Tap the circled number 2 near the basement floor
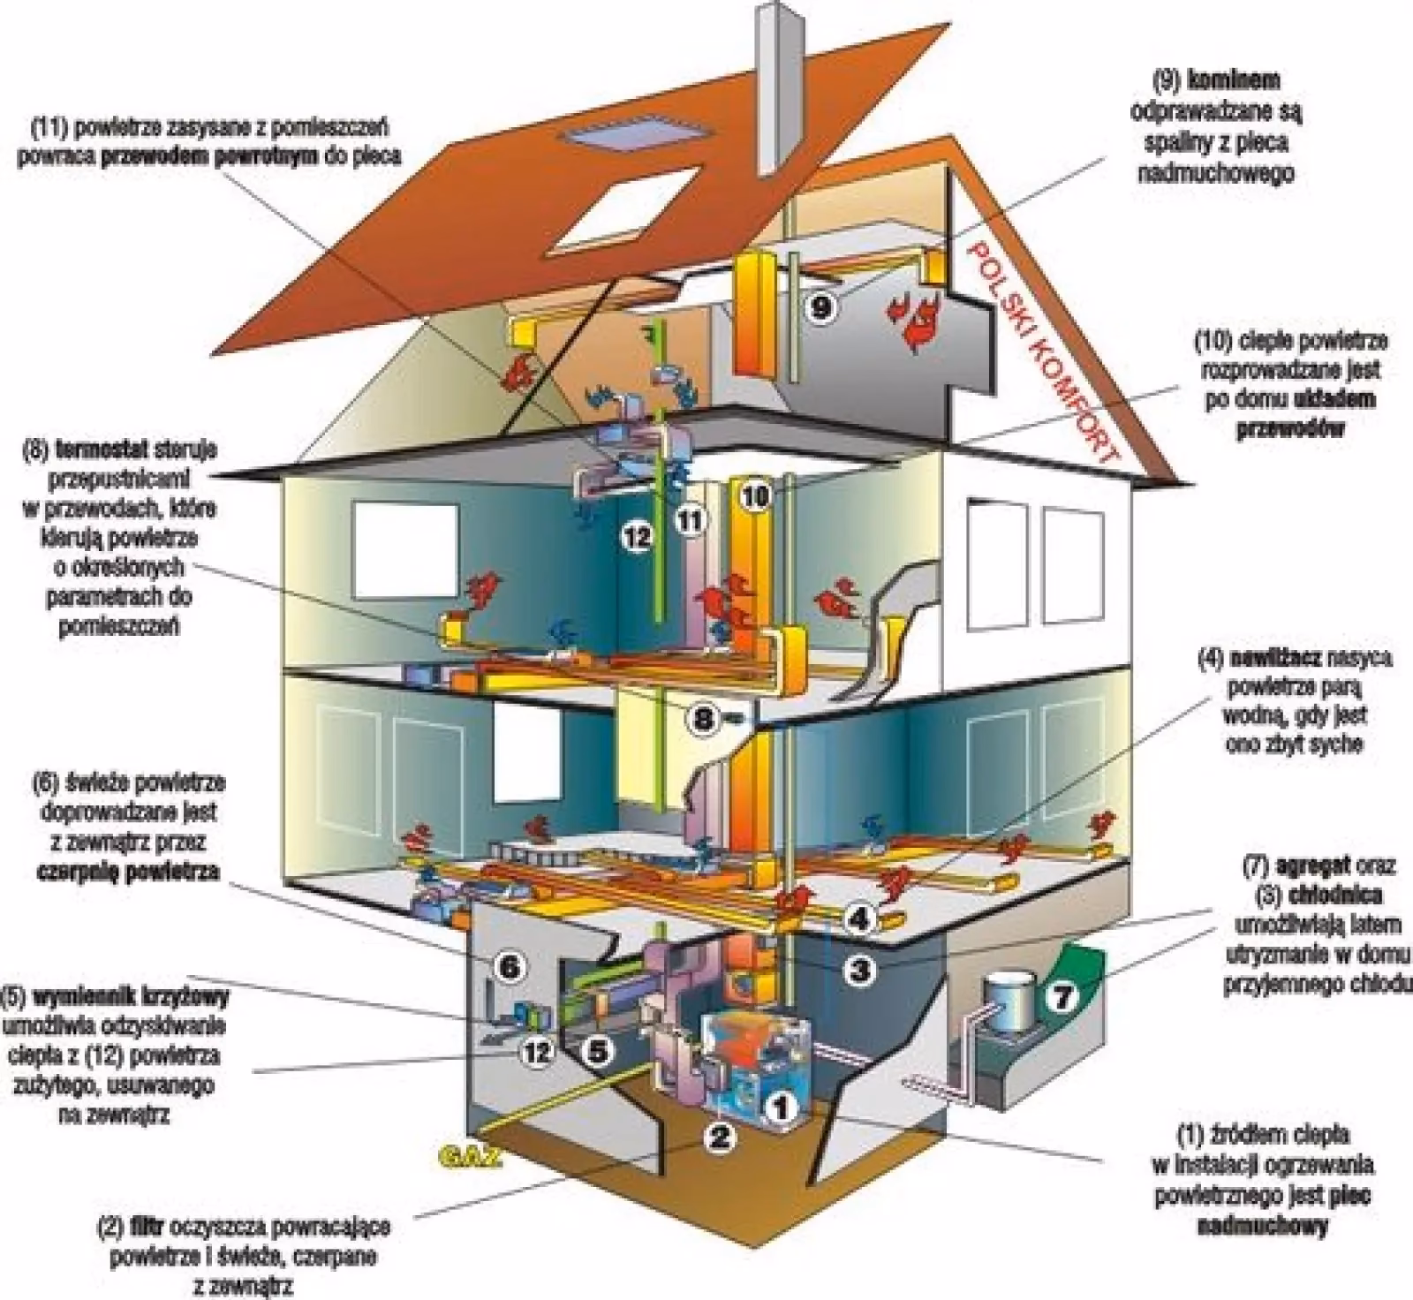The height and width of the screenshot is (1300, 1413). [720, 1137]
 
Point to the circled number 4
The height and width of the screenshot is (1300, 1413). [858, 918]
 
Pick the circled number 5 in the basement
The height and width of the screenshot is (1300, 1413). [597, 1051]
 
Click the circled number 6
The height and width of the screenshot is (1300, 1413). [510, 968]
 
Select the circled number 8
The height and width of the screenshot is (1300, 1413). [703, 719]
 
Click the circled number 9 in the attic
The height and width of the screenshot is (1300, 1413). [820, 306]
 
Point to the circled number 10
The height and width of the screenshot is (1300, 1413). [755, 495]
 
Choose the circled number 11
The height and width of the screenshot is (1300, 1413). [690, 520]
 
